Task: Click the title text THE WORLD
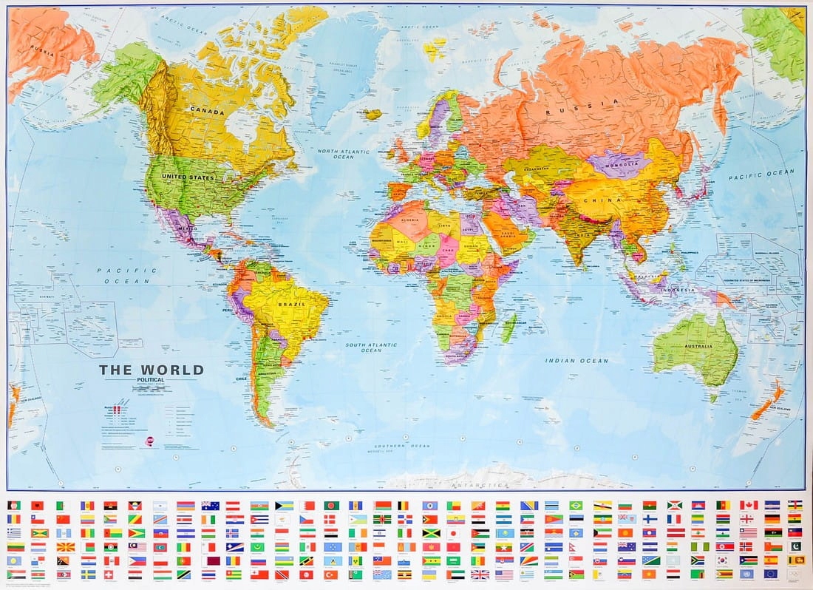(152, 370)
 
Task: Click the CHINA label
(604, 199)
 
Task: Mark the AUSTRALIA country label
(697, 346)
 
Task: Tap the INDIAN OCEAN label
(576, 361)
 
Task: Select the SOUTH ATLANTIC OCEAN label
(373, 347)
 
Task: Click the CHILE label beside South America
(242, 378)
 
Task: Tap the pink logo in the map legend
(150, 441)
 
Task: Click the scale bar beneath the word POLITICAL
(152, 387)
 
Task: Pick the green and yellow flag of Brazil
(576, 505)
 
